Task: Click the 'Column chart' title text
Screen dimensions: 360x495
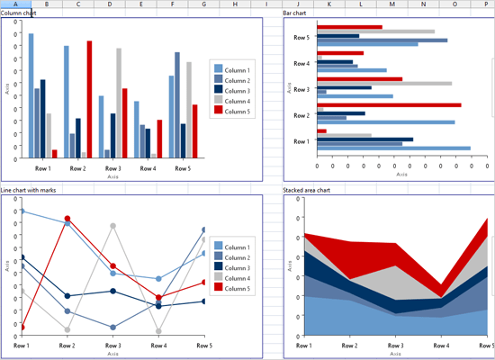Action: pos(19,13)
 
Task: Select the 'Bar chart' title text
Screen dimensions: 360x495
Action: pos(295,13)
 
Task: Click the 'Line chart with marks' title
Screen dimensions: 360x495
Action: pos(31,191)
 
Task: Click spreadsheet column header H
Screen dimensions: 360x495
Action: pos(234,4)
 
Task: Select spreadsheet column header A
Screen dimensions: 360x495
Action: pos(15,4)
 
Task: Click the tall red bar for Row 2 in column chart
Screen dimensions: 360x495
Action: pos(89,99)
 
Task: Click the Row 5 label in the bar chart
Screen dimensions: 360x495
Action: pos(301,38)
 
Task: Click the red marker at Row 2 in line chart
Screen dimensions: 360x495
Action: pos(67,218)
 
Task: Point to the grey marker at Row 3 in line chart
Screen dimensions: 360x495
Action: pos(113,225)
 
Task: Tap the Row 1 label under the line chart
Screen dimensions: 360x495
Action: pos(22,346)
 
